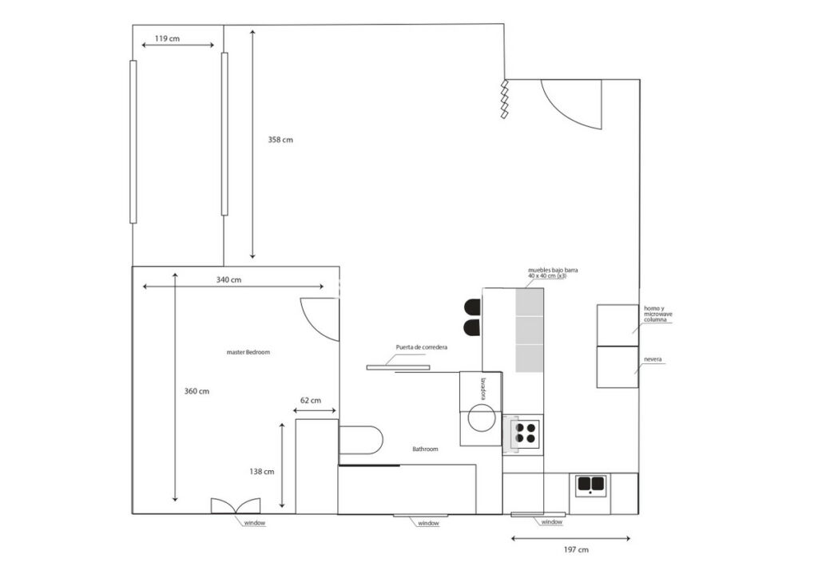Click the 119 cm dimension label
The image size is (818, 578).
(x=167, y=38)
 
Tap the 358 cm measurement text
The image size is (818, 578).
(x=280, y=140)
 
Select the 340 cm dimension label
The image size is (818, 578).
(x=228, y=280)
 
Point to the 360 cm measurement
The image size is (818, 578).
(x=197, y=391)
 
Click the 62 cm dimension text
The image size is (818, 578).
(x=311, y=400)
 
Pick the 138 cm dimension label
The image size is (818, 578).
(x=261, y=472)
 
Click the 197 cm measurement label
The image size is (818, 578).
(x=576, y=549)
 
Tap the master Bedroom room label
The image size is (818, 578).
(x=248, y=352)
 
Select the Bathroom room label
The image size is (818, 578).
(x=425, y=449)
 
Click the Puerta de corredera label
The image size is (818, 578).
(x=422, y=347)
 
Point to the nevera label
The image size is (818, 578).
(x=653, y=359)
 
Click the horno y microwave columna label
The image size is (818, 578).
(x=658, y=314)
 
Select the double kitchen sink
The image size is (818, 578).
(x=590, y=485)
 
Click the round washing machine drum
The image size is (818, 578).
(x=480, y=418)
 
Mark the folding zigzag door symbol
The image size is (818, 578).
(x=505, y=99)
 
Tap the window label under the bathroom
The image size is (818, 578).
(x=428, y=523)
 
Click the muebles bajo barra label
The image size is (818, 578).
(x=553, y=273)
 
